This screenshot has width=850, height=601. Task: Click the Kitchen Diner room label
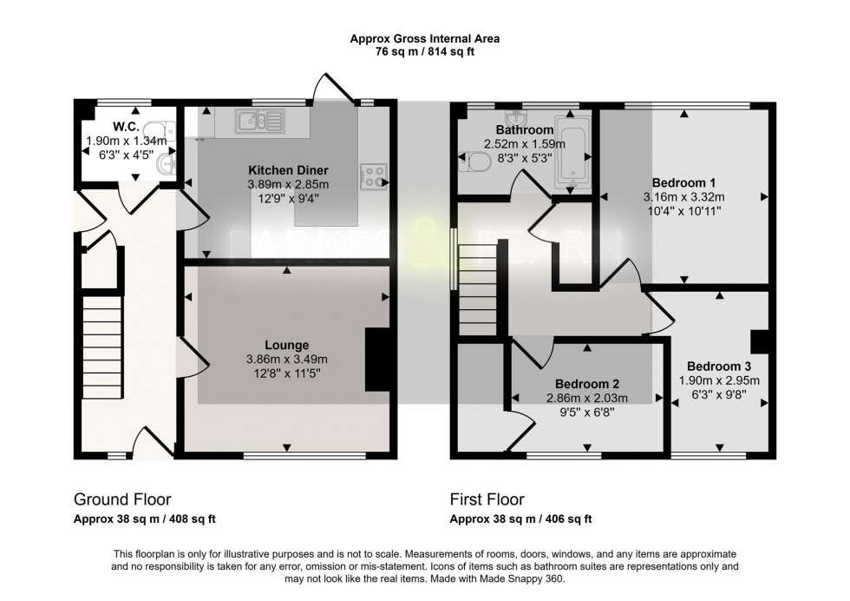pyautogui.click(x=288, y=169)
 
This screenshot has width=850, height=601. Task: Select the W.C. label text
pyautogui.click(x=101, y=125)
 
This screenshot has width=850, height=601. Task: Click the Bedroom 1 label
pyautogui.click(x=683, y=182)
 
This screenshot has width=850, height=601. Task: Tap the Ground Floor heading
pyautogui.click(x=122, y=499)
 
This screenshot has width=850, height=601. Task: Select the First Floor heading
pyautogui.click(x=487, y=499)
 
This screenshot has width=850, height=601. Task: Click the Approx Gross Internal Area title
pyautogui.click(x=424, y=38)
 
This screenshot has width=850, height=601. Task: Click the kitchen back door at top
pyautogui.click(x=334, y=91)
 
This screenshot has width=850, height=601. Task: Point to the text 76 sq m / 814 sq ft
pyautogui.click(x=424, y=50)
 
